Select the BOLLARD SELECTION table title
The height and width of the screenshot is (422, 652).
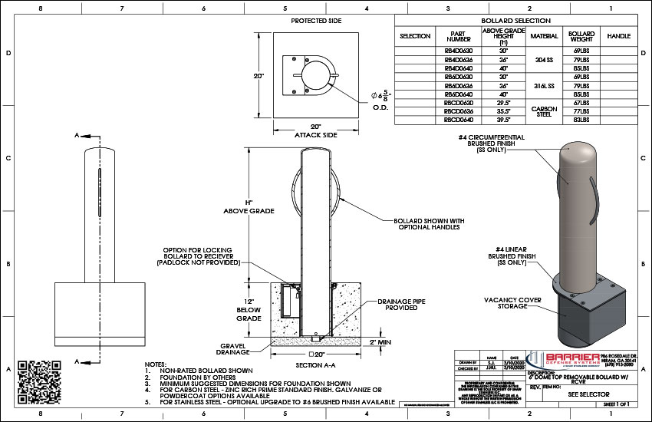pos(515,21)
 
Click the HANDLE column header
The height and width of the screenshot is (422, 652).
pos(618,36)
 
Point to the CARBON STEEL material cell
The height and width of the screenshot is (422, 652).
pos(544,111)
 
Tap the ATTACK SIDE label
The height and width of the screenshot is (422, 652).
pos(316,135)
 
